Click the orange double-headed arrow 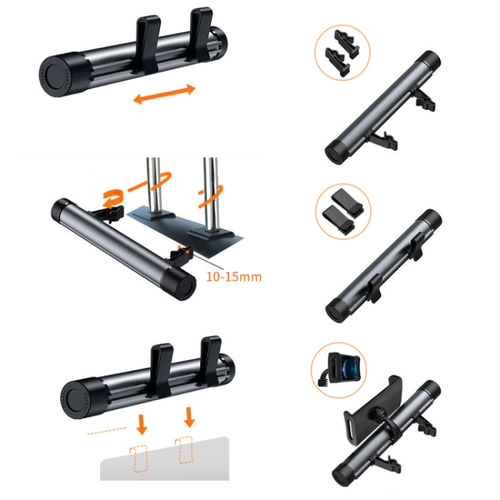164,94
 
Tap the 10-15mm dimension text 234,277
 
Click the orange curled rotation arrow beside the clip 111,197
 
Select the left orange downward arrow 141,424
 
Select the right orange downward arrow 189,417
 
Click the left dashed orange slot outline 139,459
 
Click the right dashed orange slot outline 184,450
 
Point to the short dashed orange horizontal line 107,431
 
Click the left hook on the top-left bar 147,44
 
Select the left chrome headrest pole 154,187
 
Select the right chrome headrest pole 211,194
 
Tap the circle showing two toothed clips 343,53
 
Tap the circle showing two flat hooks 343,211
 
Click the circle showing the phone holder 339,370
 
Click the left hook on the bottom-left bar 161,371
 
